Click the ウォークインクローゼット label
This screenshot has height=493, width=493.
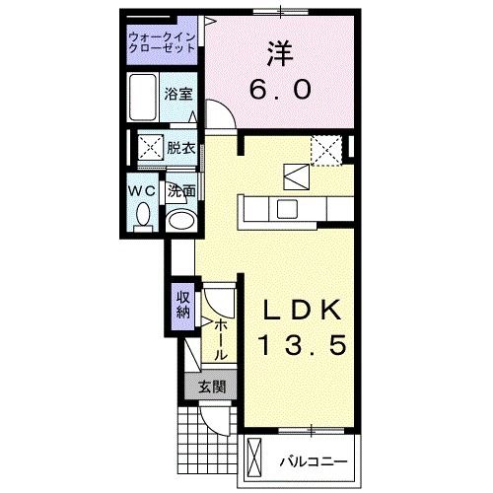[163, 44]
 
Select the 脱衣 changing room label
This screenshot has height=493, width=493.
[180, 150]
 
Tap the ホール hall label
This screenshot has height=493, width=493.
[221, 338]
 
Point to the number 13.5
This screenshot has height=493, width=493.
[302, 347]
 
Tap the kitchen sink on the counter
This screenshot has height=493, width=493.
[287, 208]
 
